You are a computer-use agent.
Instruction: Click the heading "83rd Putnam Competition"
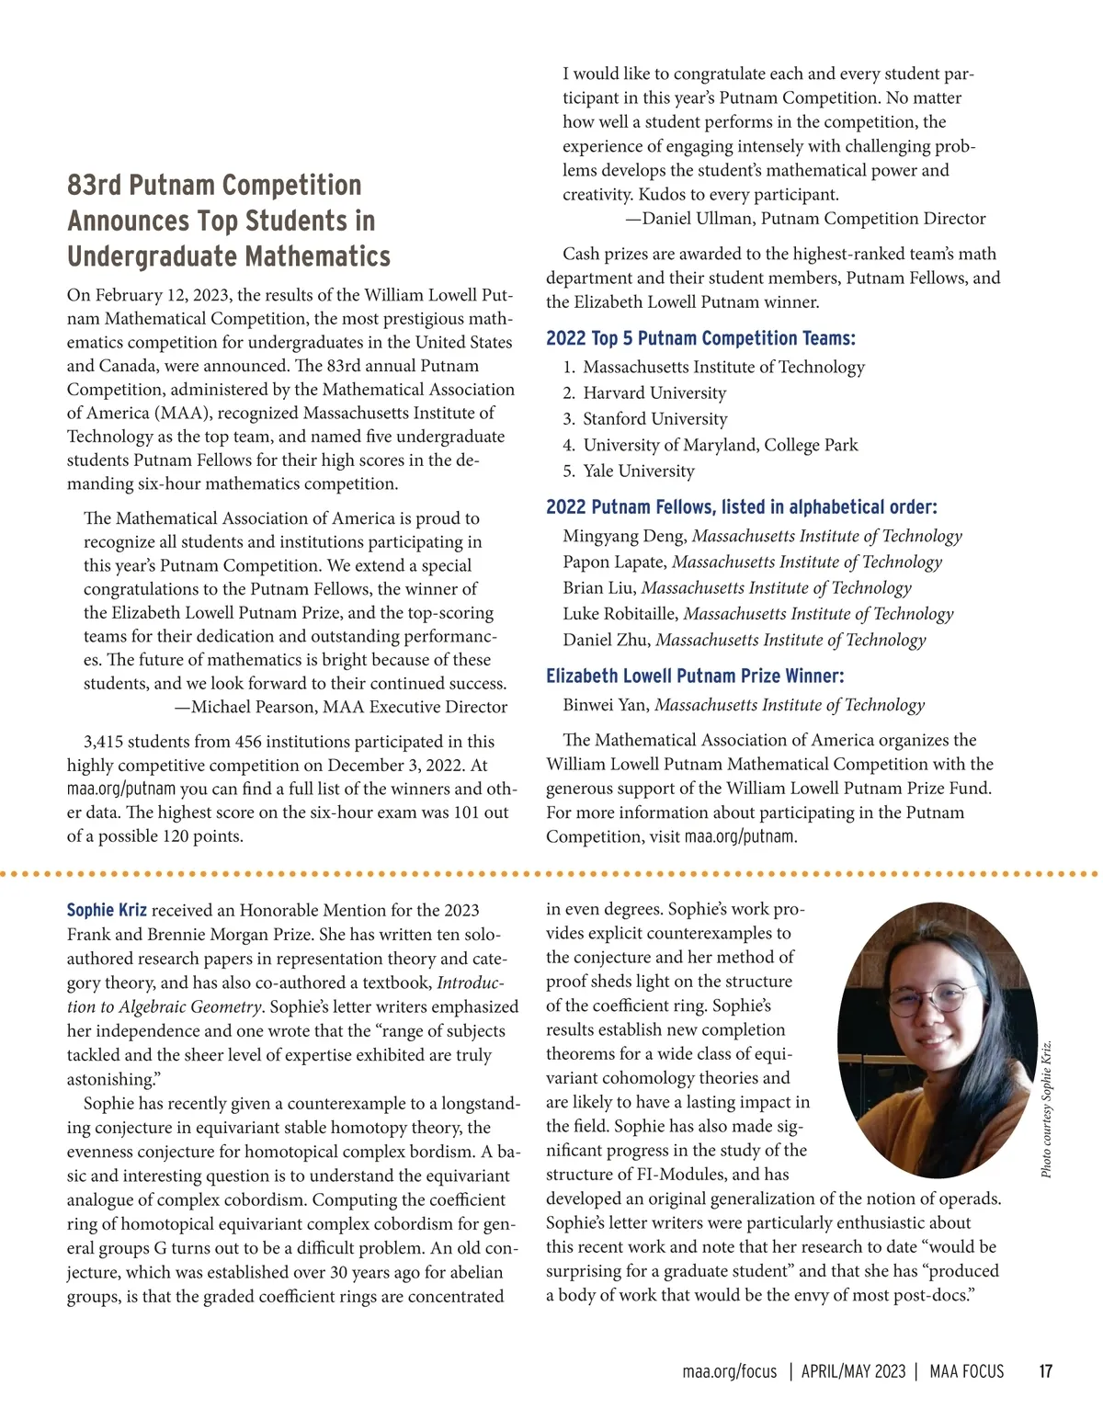pos(214,185)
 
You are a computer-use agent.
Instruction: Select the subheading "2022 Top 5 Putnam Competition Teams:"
pos(700,338)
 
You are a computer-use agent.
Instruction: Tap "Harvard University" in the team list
pos(654,392)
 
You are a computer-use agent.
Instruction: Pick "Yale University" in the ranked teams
pos(639,471)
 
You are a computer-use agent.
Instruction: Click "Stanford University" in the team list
pos(655,418)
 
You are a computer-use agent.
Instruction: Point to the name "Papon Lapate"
pos(614,562)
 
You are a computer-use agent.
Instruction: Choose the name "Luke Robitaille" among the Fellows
pos(620,613)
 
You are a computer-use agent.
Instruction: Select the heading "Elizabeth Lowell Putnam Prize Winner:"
pos(695,676)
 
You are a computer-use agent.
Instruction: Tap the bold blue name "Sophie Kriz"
pos(107,910)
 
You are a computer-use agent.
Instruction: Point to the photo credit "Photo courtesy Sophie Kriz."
pos(1046,1108)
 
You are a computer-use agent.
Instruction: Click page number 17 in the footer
pos(1045,1371)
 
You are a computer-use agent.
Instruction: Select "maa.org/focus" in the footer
pos(730,1371)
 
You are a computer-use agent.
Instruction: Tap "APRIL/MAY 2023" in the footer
pos(853,1371)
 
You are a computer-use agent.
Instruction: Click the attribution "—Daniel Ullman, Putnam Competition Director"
pos(805,219)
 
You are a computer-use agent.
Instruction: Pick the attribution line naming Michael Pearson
pos(340,707)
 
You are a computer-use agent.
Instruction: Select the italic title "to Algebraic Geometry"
pos(165,1006)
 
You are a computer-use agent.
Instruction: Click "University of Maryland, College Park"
pos(721,445)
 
